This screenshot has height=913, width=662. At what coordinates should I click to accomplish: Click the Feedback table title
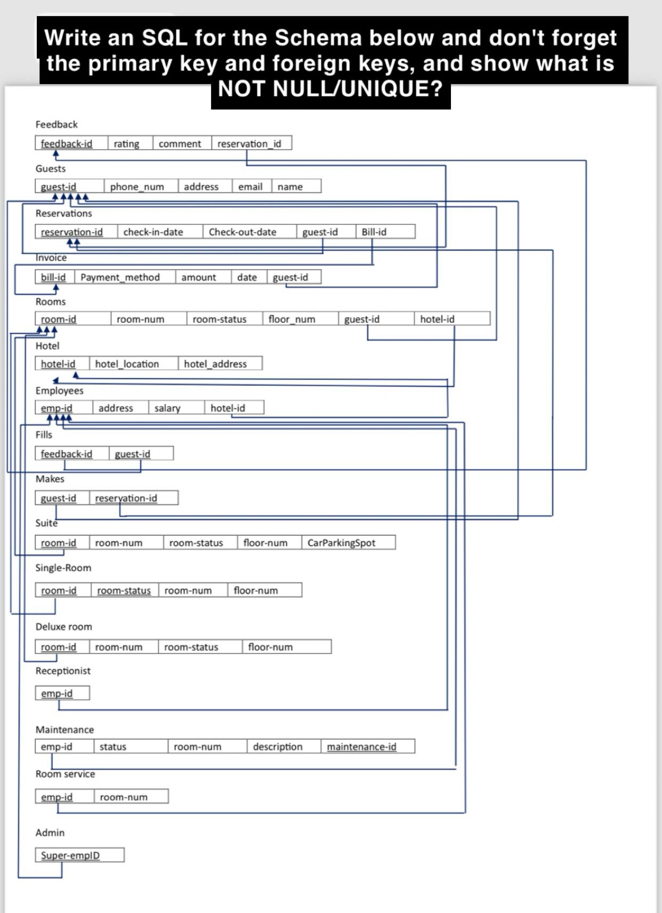pos(56,124)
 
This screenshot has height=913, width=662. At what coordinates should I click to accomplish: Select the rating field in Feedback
pos(126,143)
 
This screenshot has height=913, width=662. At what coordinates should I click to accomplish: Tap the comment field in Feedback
pos(180,143)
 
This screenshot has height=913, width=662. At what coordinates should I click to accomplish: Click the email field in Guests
pos(250,187)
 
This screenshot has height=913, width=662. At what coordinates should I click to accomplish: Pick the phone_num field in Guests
pos(136,187)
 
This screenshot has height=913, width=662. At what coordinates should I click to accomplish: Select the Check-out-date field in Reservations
pos(243,232)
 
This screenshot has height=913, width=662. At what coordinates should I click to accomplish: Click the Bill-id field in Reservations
pos(374,232)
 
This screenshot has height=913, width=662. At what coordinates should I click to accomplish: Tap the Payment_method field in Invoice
pos(120,277)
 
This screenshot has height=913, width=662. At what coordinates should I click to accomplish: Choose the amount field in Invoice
pos(198,277)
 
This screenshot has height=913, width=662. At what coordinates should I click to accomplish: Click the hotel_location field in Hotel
pos(127,364)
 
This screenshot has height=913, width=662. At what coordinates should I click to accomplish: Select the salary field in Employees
pos(167,408)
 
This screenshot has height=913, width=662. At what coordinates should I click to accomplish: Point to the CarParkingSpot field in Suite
pos(341,543)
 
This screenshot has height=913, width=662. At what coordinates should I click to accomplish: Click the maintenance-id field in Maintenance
pos(361,747)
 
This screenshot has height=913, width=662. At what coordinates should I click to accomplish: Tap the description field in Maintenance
pos(277,747)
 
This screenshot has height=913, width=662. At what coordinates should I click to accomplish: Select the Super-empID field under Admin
pos(70,855)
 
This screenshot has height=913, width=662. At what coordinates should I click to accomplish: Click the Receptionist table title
pos(63,670)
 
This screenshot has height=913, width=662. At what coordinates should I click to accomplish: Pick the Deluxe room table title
pos(63,626)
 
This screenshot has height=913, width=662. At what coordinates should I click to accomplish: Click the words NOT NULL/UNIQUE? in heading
pos(330,88)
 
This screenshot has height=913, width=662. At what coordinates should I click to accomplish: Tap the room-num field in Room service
pos(124,797)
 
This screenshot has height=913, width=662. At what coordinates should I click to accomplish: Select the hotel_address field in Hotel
pos(215,364)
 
